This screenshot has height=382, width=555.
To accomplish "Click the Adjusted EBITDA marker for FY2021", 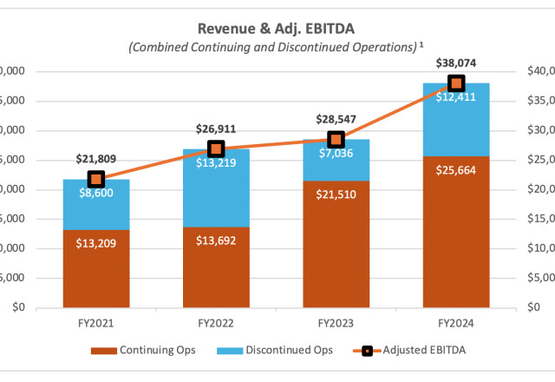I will click(96, 179).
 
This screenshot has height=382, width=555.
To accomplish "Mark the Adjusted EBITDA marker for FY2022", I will click(216, 148).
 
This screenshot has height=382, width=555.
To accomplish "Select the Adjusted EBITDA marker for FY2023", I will click(336, 139).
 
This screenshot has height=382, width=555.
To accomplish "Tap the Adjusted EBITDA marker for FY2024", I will click(456, 83).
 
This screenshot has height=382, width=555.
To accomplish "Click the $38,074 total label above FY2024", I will click(455, 63).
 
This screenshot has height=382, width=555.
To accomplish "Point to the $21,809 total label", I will click(96, 159).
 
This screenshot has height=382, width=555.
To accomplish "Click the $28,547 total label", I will click(336, 118).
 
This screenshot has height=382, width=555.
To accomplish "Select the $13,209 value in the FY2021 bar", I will click(96, 242).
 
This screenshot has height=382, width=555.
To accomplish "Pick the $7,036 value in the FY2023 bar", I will click(336, 154).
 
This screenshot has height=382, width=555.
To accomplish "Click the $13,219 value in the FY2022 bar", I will click(216, 163).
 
